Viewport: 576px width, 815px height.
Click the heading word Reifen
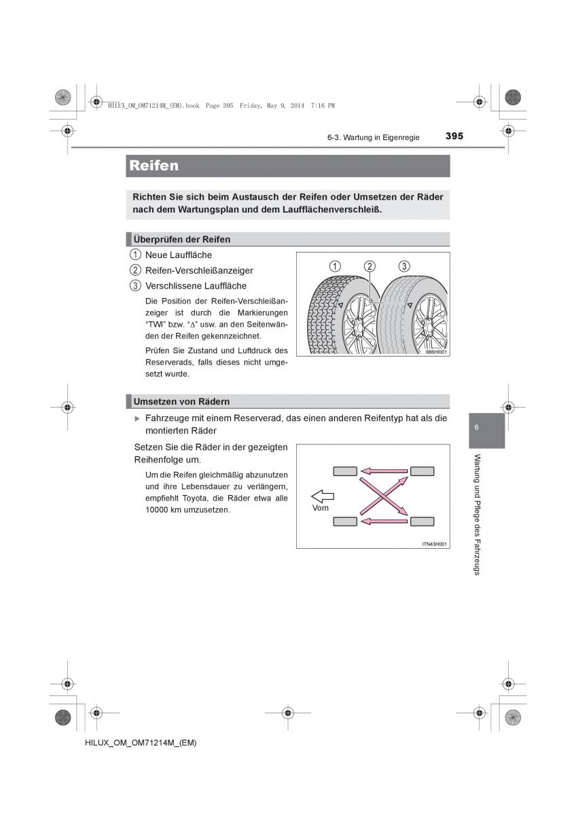click(x=154, y=166)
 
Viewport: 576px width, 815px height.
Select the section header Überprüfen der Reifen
click(x=181, y=239)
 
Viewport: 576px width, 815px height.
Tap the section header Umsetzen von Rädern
click(x=181, y=401)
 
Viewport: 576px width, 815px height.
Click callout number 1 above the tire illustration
click(x=334, y=266)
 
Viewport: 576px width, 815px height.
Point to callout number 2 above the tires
click(x=370, y=266)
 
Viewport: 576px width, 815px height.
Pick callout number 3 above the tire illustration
click(x=404, y=266)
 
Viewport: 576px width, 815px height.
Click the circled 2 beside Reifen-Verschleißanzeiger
click(x=136, y=270)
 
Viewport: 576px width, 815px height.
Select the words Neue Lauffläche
click(x=179, y=255)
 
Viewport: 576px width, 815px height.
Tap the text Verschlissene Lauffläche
click(x=196, y=286)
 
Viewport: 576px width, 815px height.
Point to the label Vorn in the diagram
click(x=321, y=508)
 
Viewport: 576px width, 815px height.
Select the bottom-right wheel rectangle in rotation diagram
click(x=422, y=522)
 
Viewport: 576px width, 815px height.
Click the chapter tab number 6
click(x=477, y=427)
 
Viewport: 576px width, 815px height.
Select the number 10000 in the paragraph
click(x=157, y=509)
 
